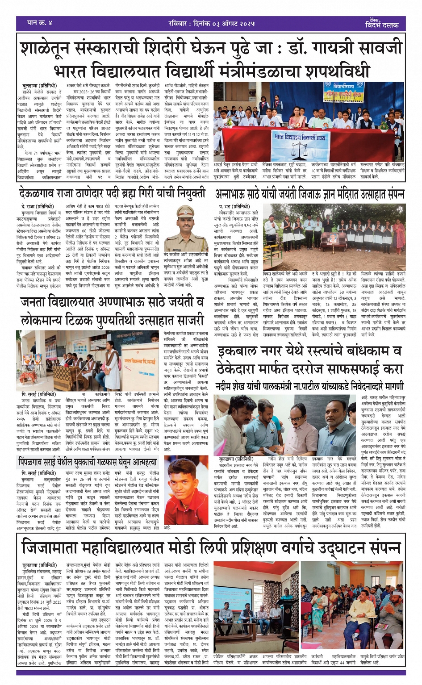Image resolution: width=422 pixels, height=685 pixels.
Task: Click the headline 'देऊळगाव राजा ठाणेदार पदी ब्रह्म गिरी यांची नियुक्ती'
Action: click(112, 193)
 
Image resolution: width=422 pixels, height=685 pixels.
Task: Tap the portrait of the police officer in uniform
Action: click(185, 228)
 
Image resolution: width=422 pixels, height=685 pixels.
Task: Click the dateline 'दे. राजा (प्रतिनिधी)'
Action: click(37, 207)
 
